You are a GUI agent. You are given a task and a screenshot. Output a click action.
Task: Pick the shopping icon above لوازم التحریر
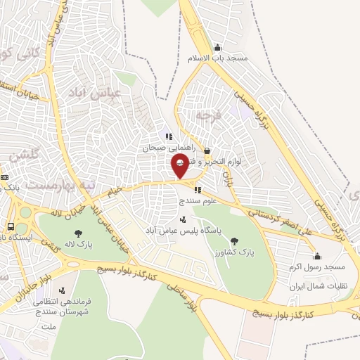click(x=207, y=150)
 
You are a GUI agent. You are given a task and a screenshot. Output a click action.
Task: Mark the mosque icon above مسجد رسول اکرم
click(x=317, y=256)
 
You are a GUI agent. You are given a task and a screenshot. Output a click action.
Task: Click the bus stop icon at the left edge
click(x=11, y=226)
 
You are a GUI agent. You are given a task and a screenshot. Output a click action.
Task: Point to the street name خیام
click(x=115, y=190)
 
